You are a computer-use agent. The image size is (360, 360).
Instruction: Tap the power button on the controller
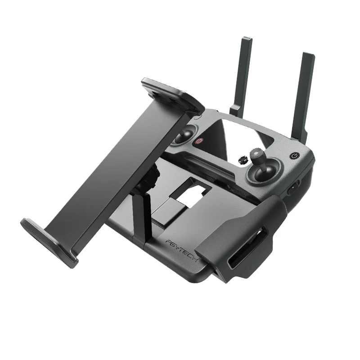coord(295,156)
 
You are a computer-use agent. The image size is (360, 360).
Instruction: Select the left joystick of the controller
coord(184,135)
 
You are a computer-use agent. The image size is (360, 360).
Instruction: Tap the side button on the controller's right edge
coord(293,187)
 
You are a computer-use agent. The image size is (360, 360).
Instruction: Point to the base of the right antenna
coord(299,135)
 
